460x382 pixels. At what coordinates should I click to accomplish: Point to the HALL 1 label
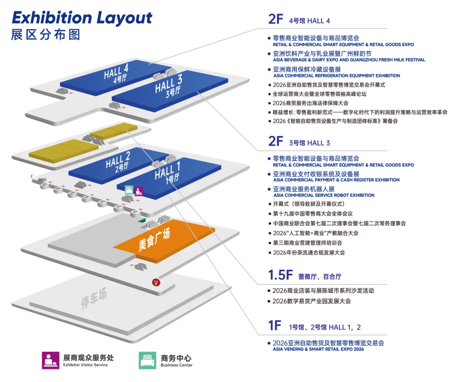[x=167, y=173]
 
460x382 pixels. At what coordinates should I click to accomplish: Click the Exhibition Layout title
[x=81, y=18]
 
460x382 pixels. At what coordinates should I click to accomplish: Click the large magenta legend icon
[x=51, y=361]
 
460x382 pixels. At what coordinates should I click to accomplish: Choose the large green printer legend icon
[x=147, y=361]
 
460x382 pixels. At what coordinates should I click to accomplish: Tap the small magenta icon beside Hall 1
[x=139, y=191]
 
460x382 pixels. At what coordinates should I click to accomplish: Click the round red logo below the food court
[x=156, y=282]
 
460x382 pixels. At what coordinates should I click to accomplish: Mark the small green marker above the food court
[x=141, y=221]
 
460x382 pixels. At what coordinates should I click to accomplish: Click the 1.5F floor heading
[x=279, y=275]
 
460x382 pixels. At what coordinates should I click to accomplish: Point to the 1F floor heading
[x=275, y=326]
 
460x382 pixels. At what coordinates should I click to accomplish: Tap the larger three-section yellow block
[x=63, y=150]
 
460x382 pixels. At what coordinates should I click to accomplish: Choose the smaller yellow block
[x=114, y=131]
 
